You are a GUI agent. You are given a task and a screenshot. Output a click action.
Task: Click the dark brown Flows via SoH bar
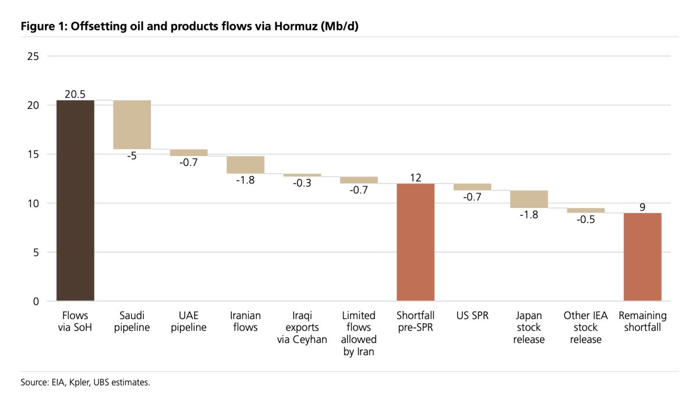(75, 200)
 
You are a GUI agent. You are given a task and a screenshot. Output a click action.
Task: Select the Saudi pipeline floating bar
(132, 125)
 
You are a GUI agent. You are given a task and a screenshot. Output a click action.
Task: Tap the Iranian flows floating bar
(245, 165)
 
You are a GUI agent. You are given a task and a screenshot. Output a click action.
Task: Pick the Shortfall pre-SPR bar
(415, 242)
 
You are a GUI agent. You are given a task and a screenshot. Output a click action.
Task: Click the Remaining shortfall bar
(642, 257)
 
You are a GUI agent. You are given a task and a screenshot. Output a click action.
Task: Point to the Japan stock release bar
(529, 199)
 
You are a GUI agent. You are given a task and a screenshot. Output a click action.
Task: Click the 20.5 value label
(75, 94)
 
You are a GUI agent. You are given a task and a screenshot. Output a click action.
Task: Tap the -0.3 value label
(302, 183)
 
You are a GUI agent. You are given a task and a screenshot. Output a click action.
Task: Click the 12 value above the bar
(415, 177)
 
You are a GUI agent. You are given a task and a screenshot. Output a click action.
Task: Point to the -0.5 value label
(585, 220)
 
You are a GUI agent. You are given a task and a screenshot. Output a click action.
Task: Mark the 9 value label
(642, 207)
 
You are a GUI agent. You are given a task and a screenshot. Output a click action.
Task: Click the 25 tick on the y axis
(33, 56)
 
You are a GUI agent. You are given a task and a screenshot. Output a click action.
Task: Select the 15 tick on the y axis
(33, 154)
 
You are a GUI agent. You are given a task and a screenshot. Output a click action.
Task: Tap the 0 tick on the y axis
(36, 301)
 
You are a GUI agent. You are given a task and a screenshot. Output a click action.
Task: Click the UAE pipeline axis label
(189, 321)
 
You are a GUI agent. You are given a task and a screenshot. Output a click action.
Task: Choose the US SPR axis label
(472, 316)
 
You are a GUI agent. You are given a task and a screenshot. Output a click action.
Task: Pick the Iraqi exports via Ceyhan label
(302, 327)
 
